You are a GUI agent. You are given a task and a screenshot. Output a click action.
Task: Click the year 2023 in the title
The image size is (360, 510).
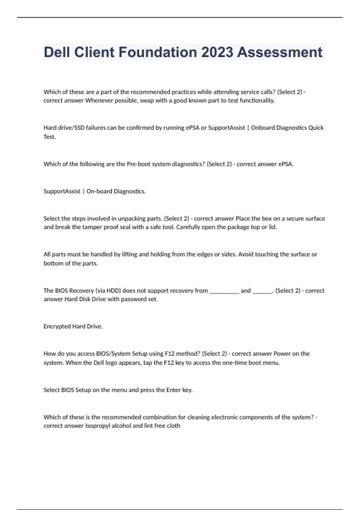click(217, 52)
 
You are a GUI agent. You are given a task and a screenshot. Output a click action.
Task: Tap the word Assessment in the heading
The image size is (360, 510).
click(280, 52)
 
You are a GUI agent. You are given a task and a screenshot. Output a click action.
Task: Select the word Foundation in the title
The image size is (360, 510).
click(158, 52)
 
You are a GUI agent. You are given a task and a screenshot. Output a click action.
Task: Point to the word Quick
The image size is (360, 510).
click(316, 128)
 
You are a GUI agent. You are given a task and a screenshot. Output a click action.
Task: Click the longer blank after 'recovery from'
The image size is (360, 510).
click(224, 291)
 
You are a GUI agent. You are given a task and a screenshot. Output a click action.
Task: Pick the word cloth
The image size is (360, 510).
click(174, 426)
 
